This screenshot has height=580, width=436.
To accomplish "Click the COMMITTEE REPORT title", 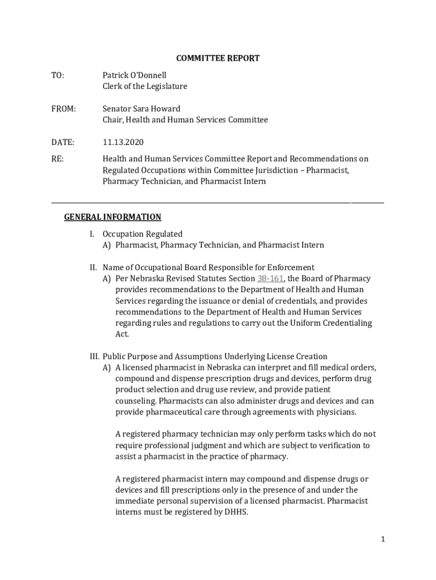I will pyautogui.click(x=218, y=58).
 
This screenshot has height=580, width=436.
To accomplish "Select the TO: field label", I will pyautogui.click(x=58, y=75).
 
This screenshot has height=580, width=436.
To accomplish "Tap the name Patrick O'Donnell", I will pyautogui.click(x=134, y=75).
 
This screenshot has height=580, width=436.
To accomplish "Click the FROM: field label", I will pyautogui.click(x=63, y=109).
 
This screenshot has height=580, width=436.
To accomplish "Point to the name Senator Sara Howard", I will pyautogui.click(x=142, y=109).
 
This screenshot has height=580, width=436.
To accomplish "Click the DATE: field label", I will pyautogui.click(x=63, y=142).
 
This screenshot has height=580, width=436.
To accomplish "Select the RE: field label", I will pyautogui.click(x=58, y=159).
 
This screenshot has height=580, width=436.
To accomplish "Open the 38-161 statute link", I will pyautogui.click(x=270, y=279).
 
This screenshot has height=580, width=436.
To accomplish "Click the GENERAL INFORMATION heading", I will pyautogui.click(x=113, y=217).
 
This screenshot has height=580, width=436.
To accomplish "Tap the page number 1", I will pyautogui.click(x=383, y=540).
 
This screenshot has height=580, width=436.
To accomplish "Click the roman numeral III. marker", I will pyautogui.click(x=94, y=357).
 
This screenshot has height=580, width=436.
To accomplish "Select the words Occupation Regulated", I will pyautogui.click(x=142, y=234).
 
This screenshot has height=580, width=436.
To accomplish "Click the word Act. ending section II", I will pyautogui.click(x=122, y=334).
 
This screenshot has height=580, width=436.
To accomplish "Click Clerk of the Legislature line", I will pyautogui.click(x=144, y=87).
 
